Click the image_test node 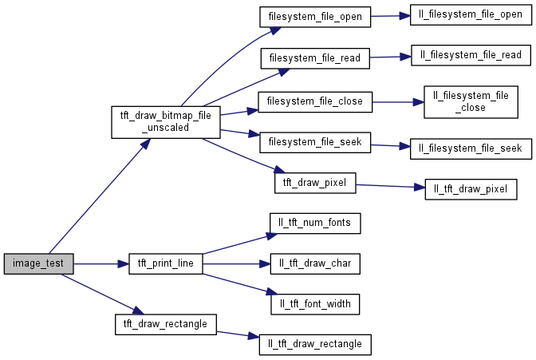[x=38, y=263]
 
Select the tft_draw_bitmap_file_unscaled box [x=165, y=122]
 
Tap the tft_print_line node [x=165, y=263]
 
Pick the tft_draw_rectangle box [x=165, y=323]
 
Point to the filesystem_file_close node [x=315, y=101]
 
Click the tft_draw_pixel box [x=315, y=183]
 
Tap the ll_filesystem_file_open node [x=466, y=14]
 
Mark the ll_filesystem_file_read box [x=466, y=55]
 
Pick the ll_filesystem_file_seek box [x=466, y=148]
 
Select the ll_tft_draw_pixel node [x=471, y=189]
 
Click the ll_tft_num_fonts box [x=315, y=222]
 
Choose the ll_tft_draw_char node [x=315, y=263]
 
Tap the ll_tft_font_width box [x=315, y=304]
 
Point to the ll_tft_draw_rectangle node [x=315, y=344]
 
